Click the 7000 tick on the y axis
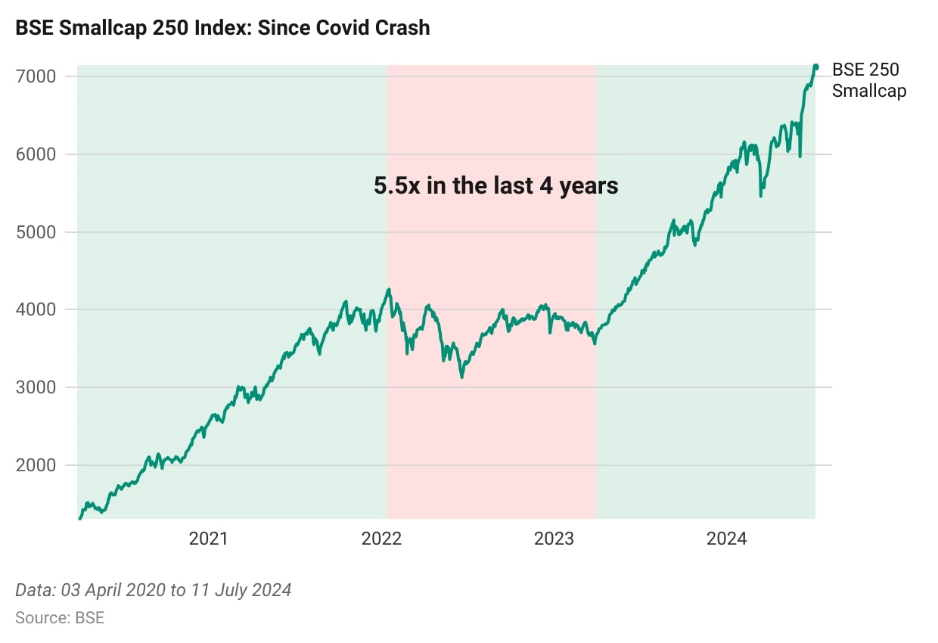(x=35, y=76)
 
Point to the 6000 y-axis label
(x=35, y=154)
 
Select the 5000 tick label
(x=35, y=232)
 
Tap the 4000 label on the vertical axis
(x=35, y=309)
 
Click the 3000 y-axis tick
(x=35, y=387)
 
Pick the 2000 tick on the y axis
(x=35, y=465)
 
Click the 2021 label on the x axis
(x=209, y=539)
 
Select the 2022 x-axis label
(x=382, y=539)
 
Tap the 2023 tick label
(x=554, y=539)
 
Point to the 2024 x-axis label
(x=727, y=539)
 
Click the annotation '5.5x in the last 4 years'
(x=496, y=185)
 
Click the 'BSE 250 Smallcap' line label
(x=868, y=80)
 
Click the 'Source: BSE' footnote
(x=60, y=617)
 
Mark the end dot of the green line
(x=816, y=67)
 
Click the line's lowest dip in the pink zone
(x=461, y=376)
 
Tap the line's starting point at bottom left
(x=80, y=517)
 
